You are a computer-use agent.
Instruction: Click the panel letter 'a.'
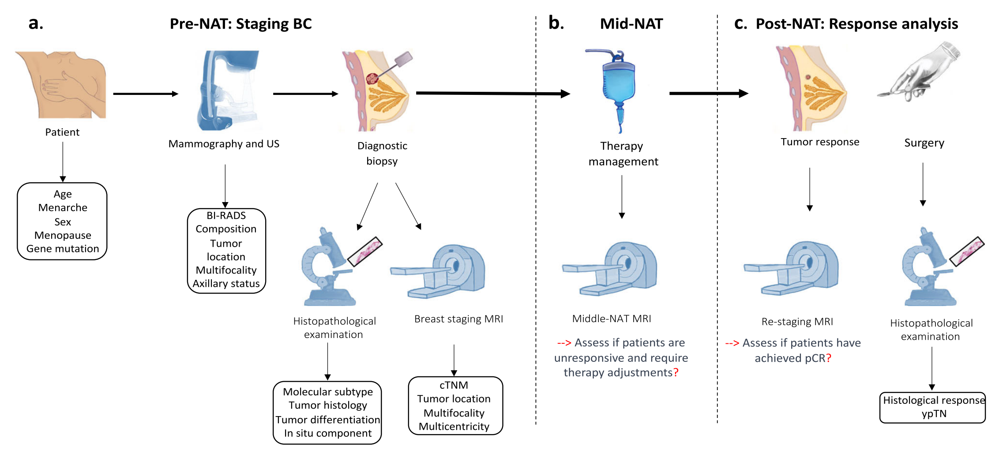tap(36, 23)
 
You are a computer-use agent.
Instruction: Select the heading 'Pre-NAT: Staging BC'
tap(240, 24)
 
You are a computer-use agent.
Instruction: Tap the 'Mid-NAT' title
tap(631, 24)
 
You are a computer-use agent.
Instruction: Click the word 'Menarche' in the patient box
tap(63, 208)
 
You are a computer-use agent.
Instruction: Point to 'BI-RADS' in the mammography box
tap(226, 215)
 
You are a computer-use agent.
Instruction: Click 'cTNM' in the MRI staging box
tap(454, 385)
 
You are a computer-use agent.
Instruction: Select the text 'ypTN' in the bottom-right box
tap(934, 414)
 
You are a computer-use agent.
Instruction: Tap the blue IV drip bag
tap(619, 84)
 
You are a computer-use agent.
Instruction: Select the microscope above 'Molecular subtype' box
tap(329, 269)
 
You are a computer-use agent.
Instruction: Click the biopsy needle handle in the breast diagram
tap(402, 59)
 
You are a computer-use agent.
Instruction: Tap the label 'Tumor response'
tap(820, 142)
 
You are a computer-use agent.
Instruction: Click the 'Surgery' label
tap(924, 143)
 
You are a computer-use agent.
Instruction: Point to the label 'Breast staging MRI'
tap(458, 319)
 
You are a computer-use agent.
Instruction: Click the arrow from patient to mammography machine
tap(146, 94)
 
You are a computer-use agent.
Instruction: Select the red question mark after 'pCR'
tap(829, 358)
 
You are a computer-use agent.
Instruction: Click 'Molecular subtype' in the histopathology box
tap(328, 392)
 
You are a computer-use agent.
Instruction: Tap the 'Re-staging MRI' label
tap(797, 322)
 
